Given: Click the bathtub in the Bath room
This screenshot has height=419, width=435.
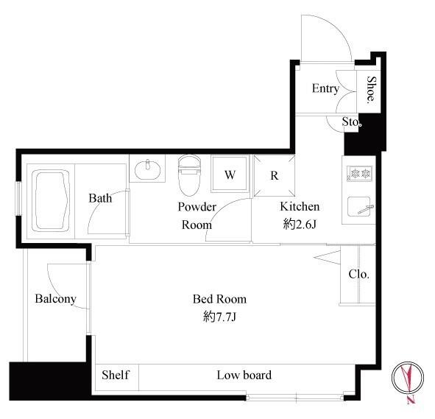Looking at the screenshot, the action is tap(51, 200).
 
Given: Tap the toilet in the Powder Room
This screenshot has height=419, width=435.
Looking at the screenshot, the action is tap(189, 175).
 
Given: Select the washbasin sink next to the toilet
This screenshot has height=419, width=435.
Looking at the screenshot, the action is tap(147, 169).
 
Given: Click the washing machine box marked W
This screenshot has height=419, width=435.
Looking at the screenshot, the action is tap(230, 174).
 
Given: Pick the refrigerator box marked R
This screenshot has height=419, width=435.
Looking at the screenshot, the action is tap(275, 175).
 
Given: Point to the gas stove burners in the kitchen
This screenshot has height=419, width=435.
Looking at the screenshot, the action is tap(359, 174).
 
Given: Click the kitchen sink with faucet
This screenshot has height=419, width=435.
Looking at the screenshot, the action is tap(360, 207).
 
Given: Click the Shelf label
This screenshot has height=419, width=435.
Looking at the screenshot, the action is tap(116, 375).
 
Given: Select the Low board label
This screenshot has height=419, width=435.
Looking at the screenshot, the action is tap(244, 375).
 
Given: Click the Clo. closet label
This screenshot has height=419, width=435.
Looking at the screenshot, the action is tap(359, 274).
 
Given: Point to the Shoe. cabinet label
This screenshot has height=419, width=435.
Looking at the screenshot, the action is tap(371, 90).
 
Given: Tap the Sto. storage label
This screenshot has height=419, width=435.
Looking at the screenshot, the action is tap(352, 122).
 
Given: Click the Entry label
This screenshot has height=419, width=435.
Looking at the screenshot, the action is tap(325, 88).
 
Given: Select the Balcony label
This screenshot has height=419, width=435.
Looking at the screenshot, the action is tap(56, 299).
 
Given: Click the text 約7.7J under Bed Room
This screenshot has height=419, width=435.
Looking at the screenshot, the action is tap(219, 317).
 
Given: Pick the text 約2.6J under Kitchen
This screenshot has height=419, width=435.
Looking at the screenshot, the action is tap(300, 224).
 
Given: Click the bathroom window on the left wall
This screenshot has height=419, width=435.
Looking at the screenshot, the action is tap(18, 198).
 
